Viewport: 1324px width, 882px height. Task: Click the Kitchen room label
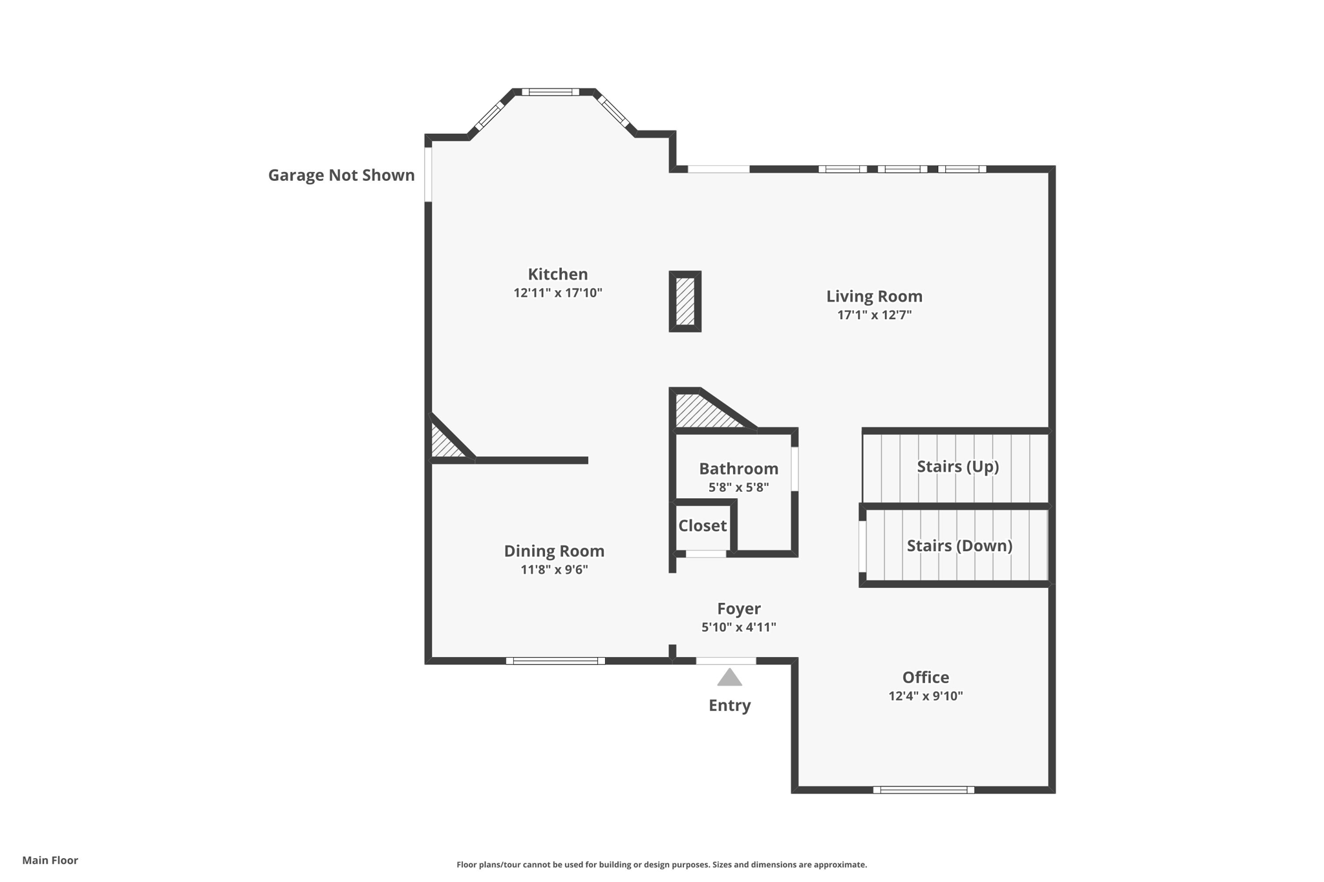[557, 274]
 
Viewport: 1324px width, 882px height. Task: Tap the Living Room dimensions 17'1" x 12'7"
[874, 315]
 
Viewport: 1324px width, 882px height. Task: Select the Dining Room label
[554, 551]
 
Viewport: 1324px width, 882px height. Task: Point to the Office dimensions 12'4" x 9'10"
[925, 696]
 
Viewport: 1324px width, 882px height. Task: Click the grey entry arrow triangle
[729, 678]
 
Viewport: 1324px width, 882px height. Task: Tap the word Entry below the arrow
[729, 705]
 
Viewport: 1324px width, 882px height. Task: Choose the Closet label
[702, 526]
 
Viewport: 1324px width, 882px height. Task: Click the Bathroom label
[738, 468]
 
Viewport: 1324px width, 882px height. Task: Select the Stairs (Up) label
[957, 467]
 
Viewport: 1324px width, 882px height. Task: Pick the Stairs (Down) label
[959, 546]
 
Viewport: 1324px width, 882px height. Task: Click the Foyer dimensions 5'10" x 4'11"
[738, 627]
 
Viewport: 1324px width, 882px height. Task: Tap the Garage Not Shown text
[341, 175]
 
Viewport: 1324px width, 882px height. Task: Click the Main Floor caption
[50, 860]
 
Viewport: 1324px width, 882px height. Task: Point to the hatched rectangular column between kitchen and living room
[685, 301]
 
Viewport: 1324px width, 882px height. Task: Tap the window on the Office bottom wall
[923, 790]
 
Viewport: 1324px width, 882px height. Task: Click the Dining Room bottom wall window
[555, 661]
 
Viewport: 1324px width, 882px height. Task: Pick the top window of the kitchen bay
[550, 92]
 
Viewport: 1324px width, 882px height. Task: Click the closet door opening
[705, 554]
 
